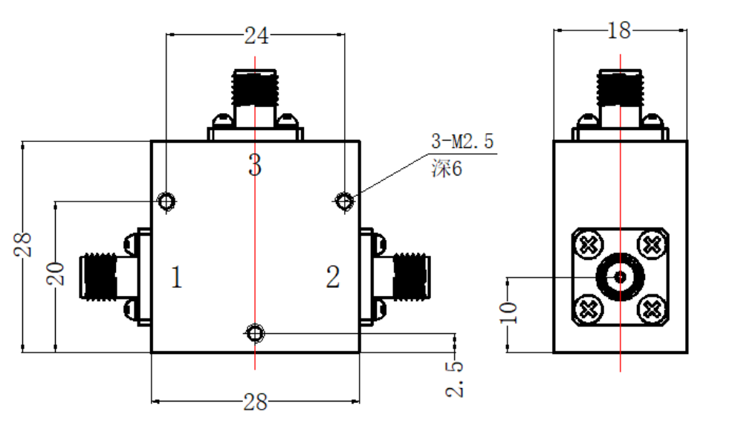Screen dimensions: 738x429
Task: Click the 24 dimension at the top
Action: (x=256, y=36)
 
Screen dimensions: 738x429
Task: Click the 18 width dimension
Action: (x=619, y=31)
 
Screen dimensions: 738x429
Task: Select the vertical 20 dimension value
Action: (x=56, y=274)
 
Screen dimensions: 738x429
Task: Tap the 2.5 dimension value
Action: (x=454, y=379)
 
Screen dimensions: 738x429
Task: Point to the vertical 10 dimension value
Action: (x=508, y=312)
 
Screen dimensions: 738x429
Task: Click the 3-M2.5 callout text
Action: (x=462, y=141)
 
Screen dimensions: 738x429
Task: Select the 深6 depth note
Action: (x=447, y=168)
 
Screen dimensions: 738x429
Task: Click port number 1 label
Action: (x=176, y=277)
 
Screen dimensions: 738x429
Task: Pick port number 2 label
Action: (x=333, y=277)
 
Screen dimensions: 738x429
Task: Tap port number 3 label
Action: (x=255, y=165)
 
